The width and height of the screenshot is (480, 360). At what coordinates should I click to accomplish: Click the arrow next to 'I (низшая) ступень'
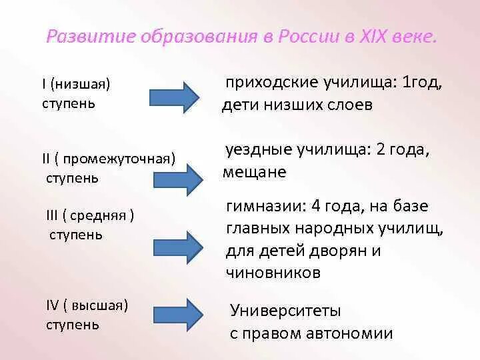173,95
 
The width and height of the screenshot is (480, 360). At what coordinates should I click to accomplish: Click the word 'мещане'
254,172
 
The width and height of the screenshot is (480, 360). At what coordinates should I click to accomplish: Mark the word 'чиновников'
273,272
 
